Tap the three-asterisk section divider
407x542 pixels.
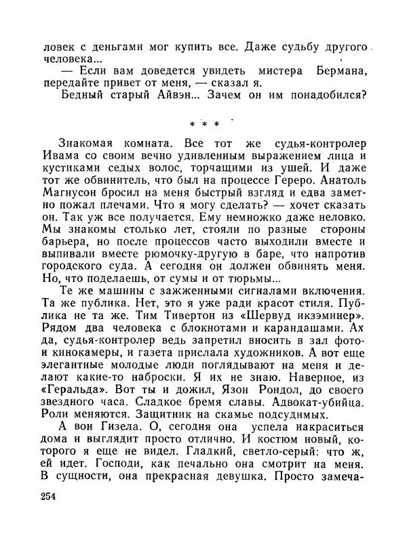pyautogui.click(x=204, y=125)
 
